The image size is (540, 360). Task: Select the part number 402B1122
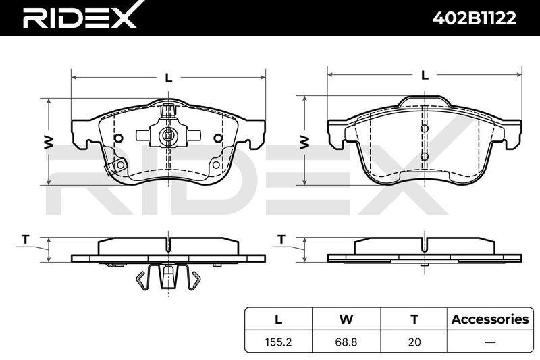tap(475, 18)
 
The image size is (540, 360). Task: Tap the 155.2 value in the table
tap(278, 342)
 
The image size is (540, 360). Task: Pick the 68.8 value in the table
tap(346, 342)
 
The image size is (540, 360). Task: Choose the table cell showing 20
tap(414, 342)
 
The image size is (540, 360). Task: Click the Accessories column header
tap(490, 319)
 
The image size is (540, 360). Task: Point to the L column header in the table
tap(278, 319)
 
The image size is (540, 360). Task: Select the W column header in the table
tap(346, 319)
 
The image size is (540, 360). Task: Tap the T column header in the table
tap(414, 319)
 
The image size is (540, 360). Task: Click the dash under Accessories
tap(490, 342)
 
